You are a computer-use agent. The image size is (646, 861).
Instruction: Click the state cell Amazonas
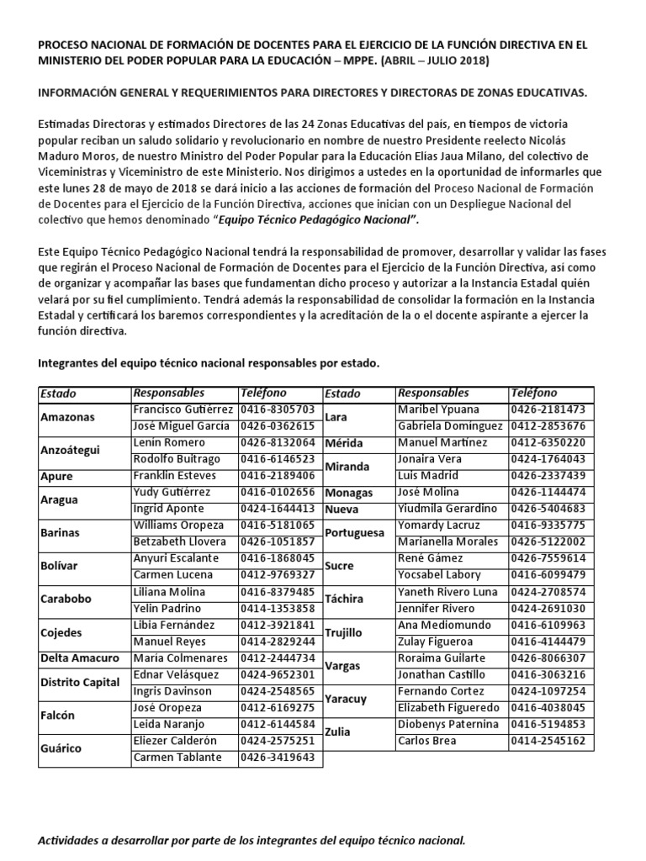(67, 417)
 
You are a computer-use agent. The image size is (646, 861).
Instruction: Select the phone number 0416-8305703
(278, 409)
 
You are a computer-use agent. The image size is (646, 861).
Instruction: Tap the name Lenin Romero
(169, 442)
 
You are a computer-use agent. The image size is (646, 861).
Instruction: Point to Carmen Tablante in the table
(177, 757)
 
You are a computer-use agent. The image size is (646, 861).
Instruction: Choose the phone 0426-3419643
(278, 757)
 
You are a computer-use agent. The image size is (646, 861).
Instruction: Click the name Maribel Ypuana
(437, 409)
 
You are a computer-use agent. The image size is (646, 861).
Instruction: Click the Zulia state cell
(338, 732)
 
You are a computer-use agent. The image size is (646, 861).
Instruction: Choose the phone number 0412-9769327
(278, 574)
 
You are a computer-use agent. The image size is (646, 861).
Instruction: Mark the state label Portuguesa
(354, 533)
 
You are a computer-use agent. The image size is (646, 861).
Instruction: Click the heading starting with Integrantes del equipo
(209, 363)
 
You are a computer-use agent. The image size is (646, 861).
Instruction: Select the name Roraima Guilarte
(442, 658)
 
